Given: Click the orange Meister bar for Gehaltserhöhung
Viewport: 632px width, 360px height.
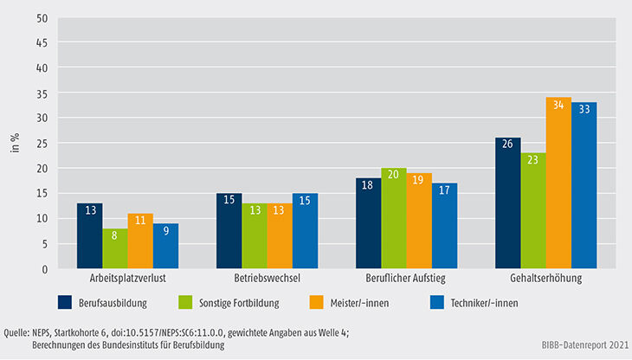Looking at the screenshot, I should coord(558,183).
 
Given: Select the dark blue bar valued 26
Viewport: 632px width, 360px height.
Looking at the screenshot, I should coord(507,203).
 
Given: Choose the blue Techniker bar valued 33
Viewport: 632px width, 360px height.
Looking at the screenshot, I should coord(584,186).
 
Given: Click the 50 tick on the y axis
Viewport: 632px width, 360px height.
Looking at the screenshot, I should coord(40,16).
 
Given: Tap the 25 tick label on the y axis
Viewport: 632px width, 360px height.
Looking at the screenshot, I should coord(40,143).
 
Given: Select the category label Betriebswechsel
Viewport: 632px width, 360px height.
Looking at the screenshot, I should coord(267,280).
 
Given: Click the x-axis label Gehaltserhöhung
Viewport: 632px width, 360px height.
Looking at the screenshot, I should coord(545,280).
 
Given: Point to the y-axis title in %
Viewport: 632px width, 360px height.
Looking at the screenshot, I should coord(16,143).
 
